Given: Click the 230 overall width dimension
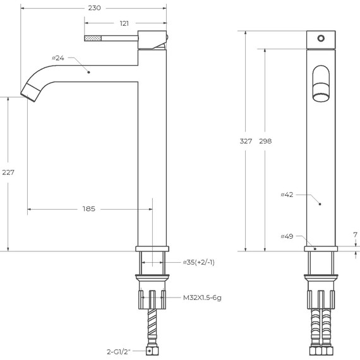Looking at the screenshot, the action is (x=94, y=8).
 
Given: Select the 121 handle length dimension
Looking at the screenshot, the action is (x=124, y=23).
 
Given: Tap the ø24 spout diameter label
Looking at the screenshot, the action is (x=58, y=58).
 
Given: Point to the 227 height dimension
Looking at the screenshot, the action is (x=8, y=172).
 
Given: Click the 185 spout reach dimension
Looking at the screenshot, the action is (x=89, y=209).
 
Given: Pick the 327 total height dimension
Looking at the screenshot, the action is (x=246, y=141).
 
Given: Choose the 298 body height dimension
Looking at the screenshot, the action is (x=265, y=141).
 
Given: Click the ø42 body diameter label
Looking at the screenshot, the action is (x=287, y=195).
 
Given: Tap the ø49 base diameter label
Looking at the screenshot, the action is (x=287, y=236).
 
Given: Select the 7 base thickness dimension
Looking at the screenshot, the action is (x=356, y=235).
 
